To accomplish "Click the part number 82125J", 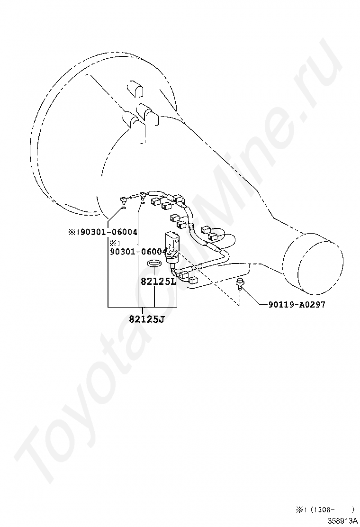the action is [x=146, y=319].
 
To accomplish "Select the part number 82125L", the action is [x=158, y=281].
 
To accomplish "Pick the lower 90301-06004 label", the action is [x=138, y=252].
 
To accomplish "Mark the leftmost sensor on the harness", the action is [x=122, y=201].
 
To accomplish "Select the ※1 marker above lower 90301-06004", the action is [x=115, y=243].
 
